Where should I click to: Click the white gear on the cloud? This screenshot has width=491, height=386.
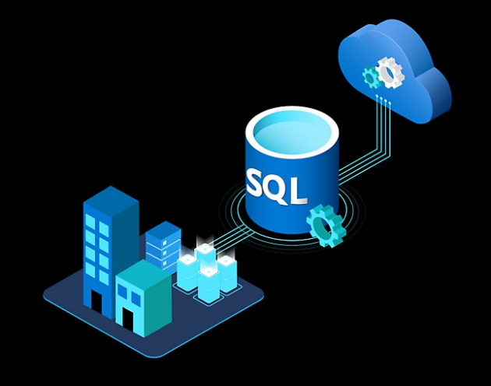tap(388, 72)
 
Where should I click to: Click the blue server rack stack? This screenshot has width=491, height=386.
tap(163, 244)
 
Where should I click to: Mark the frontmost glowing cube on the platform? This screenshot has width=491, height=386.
tap(209, 284)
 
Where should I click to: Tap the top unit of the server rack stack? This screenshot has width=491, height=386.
tap(163, 230)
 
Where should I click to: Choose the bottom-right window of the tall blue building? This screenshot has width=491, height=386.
tap(102, 273)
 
